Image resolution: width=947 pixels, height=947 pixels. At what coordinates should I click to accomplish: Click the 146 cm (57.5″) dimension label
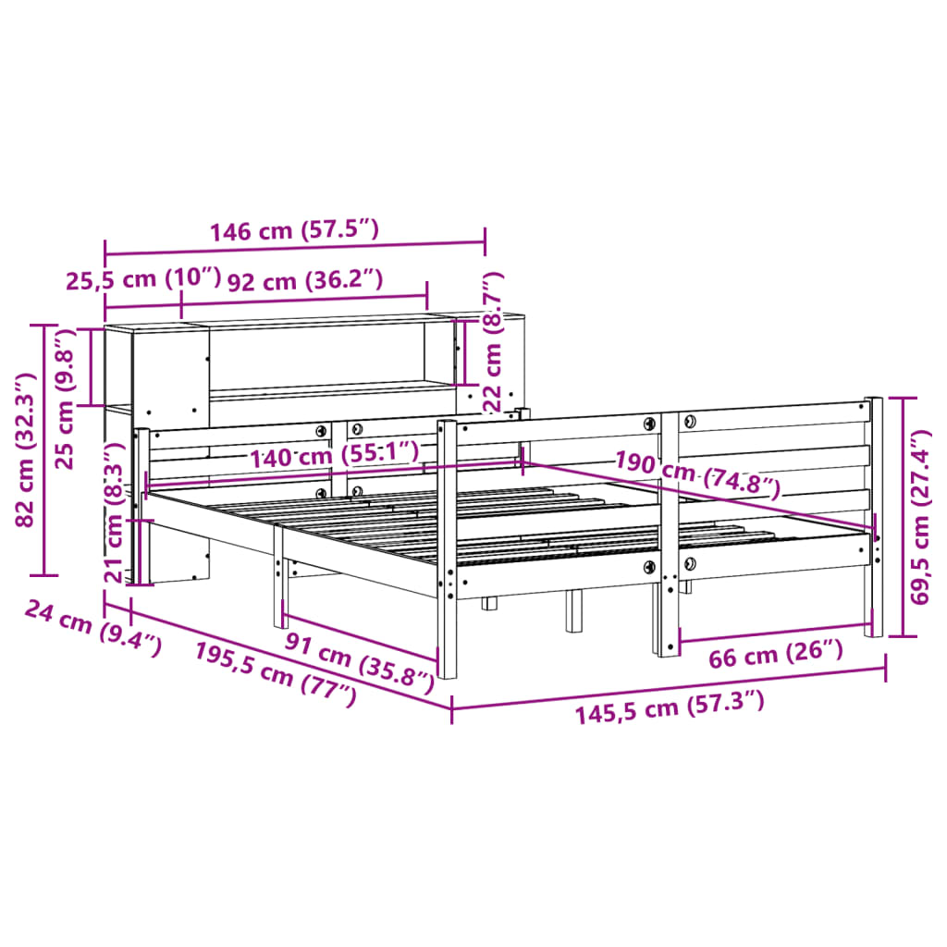(294, 230)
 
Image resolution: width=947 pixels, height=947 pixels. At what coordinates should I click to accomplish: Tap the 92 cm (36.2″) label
(304, 279)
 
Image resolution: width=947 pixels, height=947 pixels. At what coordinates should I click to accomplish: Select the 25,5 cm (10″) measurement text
(143, 279)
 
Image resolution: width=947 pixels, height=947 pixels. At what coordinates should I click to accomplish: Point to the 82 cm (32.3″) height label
(25, 449)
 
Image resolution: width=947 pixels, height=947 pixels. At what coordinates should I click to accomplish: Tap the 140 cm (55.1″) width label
(333, 455)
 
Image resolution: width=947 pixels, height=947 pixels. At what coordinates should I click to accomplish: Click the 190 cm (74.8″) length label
(698, 473)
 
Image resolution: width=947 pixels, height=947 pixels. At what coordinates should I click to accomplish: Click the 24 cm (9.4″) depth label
(93, 627)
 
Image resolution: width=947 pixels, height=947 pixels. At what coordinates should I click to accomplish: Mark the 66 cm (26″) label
(776, 656)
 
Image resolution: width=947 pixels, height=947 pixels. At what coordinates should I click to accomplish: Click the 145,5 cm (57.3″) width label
(670, 709)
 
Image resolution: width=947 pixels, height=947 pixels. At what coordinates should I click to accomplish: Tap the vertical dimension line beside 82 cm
(45, 449)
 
